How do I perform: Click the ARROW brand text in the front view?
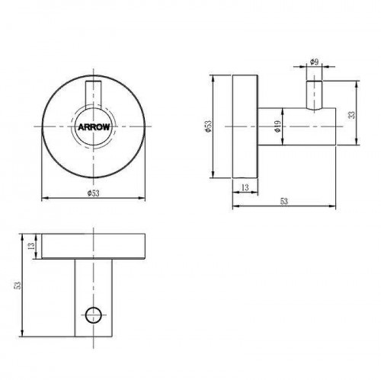coord(94,127)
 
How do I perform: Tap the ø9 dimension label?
coord(315,62)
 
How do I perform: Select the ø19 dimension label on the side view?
coord(277,126)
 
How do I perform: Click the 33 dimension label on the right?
coord(352,115)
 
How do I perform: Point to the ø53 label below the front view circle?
coord(93,193)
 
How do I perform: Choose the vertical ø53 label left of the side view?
coord(208,126)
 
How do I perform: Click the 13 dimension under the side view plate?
coord(245,187)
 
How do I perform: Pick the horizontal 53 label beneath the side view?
coord(284,201)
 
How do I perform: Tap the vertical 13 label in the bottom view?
coord(31,246)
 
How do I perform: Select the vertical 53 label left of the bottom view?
coord(18,286)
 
